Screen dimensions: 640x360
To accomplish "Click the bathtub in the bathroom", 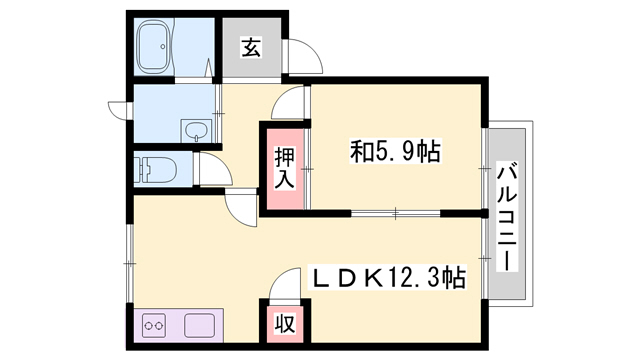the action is (154, 47).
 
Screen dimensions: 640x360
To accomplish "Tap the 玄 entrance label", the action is (251, 47).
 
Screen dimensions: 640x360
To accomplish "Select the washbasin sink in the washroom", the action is (196, 131).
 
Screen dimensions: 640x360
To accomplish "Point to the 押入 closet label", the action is (284, 167).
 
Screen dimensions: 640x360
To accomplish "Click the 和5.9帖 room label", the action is (395, 151).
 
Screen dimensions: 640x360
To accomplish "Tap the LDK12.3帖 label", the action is (388, 278).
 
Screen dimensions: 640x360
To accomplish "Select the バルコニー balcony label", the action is (507, 216).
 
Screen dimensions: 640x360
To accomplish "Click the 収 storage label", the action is (284, 324).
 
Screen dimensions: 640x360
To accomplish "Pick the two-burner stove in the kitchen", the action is (154, 325).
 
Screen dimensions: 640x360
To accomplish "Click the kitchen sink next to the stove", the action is (199, 325).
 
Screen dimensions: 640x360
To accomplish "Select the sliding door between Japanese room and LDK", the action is (396, 213).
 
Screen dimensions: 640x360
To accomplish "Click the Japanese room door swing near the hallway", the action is (288, 102).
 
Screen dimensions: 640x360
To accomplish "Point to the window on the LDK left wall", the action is (130, 263).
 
